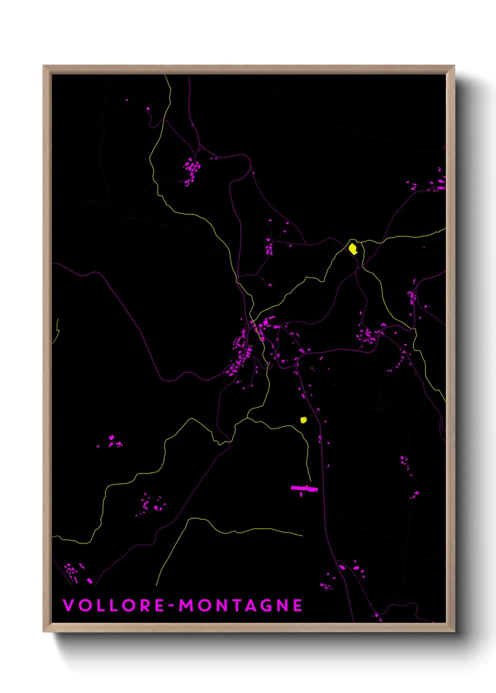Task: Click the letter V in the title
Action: (x=68, y=605)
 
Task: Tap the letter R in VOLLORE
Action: (x=144, y=605)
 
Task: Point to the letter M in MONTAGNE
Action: (x=187, y=605)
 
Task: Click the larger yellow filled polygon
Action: (x=353, y=249)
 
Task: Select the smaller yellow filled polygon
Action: (x=303, y=420)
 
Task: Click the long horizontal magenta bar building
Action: (x=304, y=489)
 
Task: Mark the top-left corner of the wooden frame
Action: (x=44, y=66)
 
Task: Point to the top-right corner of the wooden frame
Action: (x=454, y=66)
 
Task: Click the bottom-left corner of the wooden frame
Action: (x=44, y=631)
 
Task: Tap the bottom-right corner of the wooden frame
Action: (x=454, y=631)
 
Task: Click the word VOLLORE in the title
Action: (x=113, y=605)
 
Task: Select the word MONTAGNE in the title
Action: (x=240, y=605)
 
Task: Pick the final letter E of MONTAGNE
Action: (x=298, y=605)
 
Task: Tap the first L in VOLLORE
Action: (x=99, y=605)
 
